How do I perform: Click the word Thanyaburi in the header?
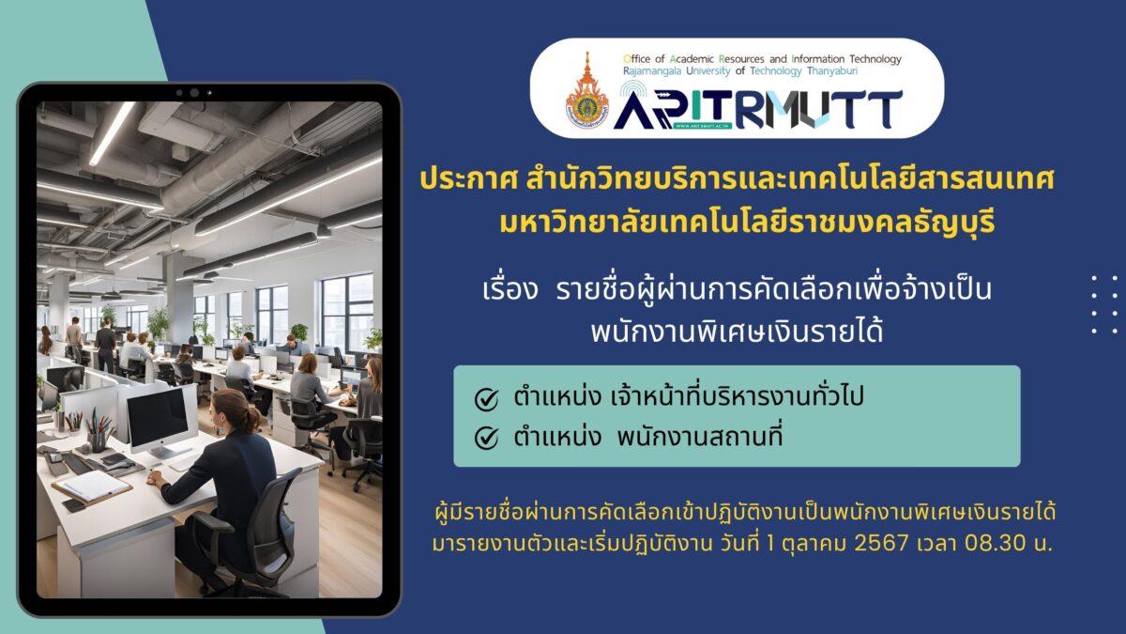click(x=832, y=71)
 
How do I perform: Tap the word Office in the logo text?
click(x=637, y=59)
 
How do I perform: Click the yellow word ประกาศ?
click(x=469, y=180)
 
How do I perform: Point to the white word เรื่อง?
click(x=510, y=289)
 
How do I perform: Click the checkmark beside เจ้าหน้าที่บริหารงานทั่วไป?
click(x=486, y=399)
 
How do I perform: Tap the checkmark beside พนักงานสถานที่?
click(x=486, y=439)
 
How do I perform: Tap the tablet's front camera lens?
click(x=194, y=93)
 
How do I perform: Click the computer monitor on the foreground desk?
click(x=159, y=421)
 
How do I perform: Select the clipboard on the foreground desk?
click(x=92, y=487)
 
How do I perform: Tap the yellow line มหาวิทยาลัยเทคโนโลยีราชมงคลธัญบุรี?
click(x=747, y=223)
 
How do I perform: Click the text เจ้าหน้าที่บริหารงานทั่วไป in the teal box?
click(x=737, y=396)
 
